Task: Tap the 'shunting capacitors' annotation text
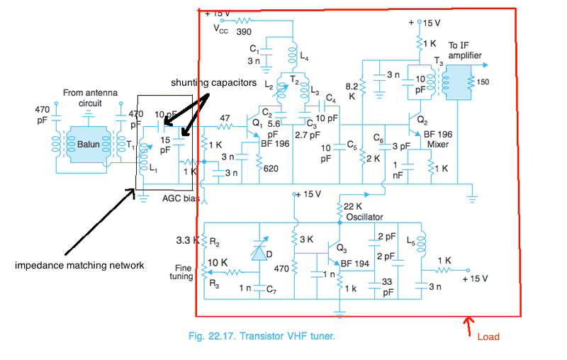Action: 213,82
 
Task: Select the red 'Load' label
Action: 489,336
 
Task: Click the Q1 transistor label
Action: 257,122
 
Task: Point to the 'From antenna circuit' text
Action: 90,98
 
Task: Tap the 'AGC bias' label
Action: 181,199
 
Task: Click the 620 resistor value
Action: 271,169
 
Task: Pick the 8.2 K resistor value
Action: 352,91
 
